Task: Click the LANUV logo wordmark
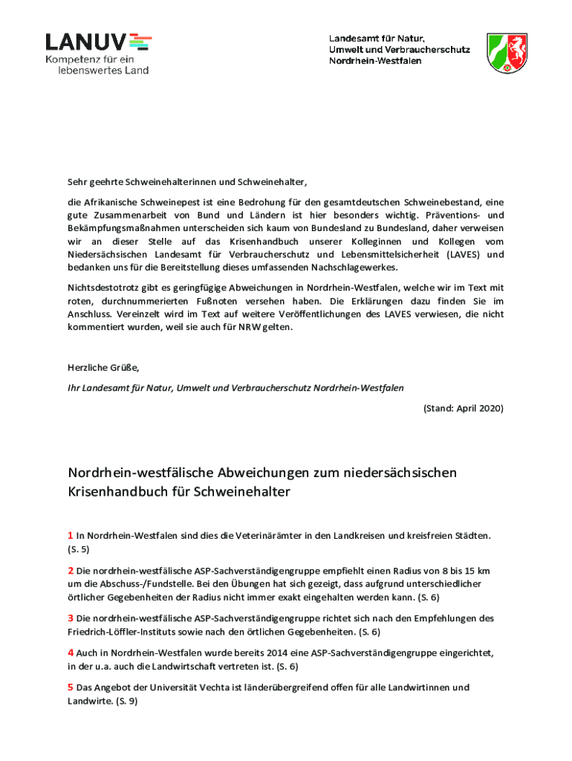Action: pyautogui.click(x=88, y=42)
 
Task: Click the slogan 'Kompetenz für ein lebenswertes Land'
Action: pyautogui.click(x=97, y=65)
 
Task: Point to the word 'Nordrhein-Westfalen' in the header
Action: pyautogui.click(x=375, y=60)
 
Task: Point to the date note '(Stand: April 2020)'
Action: pyautogui.click(x=464, y=409)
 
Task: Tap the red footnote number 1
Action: pyautogui.click(x=71, y=535)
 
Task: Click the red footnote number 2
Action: pyautogui.click(x=71, y=571)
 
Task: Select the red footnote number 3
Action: pyautogui.click(x=71, y=618)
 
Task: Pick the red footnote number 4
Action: pyautogui.click(x=71, y=652)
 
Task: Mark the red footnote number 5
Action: pyautogui.click(x=71, y=687)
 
